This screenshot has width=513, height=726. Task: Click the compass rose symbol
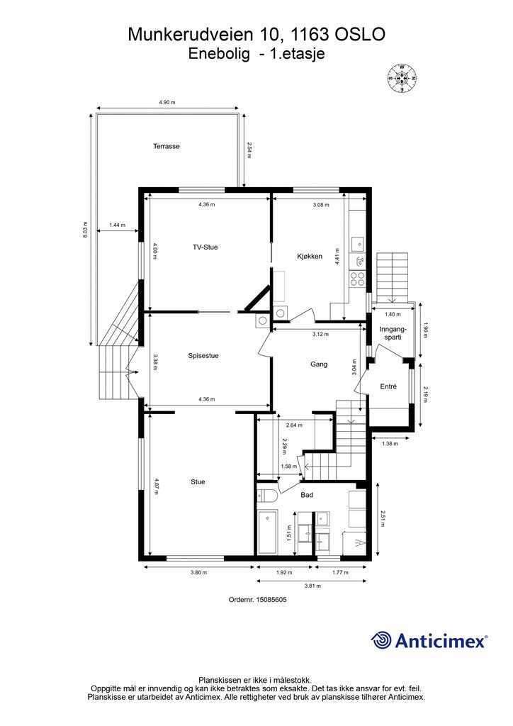pyautogui.click(x=402, y=78)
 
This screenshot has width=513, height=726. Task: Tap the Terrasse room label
pyautogui.click(x=167, y=146)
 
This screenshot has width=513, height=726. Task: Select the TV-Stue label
pyautogui.click(x=205, y=247)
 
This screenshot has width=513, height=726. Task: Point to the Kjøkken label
pyautogui.click(x=310, y=256)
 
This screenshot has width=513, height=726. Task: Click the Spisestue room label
pyautogui.click(x=203, y=356)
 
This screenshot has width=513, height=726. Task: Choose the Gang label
pyautogui.click(x=319, y=364)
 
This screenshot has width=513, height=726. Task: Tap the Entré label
pyautogui.click(x=388, y=386)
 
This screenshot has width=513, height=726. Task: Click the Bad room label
pyautogui.click(x=307, y=495)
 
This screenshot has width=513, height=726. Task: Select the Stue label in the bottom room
pyautogui.click(x=198, y=482)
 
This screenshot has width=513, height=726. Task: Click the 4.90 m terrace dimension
pyautogui.click(x=167, y=102)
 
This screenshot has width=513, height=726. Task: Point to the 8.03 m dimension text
pyautogui.click(x=84, y=230)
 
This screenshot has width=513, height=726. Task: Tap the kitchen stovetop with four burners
pyautogui.click(x=357, y=278)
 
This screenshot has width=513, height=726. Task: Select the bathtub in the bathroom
pyautogui.click(x=267, y=531)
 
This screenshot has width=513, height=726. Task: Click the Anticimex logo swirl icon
pyautogui.click(x=381, y=641)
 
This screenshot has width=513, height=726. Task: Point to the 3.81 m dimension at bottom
pyautogui.click(x=312, y=586)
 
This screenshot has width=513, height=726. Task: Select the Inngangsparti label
pyautogui.click(x=393, y=333)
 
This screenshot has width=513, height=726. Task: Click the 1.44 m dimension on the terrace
pyautogui.click(x=117, y=225)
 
